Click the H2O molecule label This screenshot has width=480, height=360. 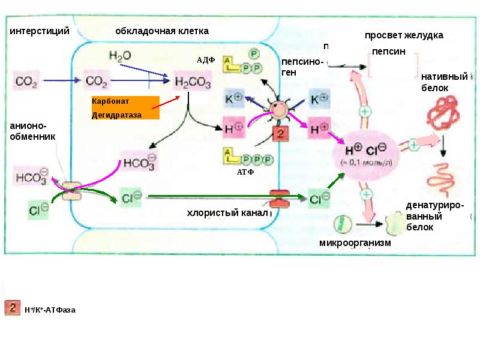[120, 56]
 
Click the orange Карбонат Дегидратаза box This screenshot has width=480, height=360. [125, 107]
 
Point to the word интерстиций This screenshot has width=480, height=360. [40, 30]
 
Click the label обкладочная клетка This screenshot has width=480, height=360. [162, 30]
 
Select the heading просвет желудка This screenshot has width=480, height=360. [404, 35]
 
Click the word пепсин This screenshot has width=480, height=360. [389, 52]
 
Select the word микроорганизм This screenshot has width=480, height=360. [355, 243]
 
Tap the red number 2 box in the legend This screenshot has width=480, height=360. [13, 308]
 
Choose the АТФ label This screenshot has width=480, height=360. [246, 172]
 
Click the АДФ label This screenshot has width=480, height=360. [205, 60]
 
